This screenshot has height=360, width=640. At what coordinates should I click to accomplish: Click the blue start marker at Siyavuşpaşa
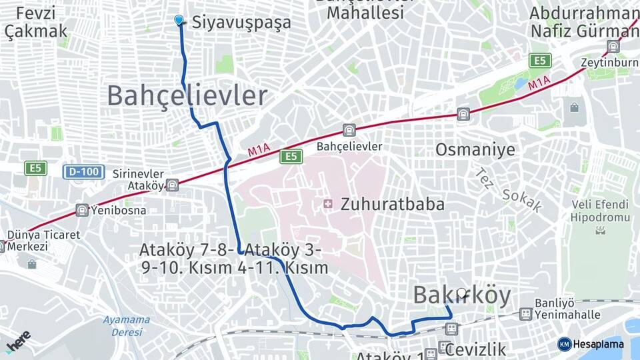click(x=179, y=21)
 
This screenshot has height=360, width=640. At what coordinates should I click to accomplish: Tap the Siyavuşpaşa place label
click(x=241, y=22)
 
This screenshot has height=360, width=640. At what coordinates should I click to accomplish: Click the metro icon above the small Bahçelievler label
click(x=349, y=130)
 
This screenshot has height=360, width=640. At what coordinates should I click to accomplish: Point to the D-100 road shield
click(x=85, y=172)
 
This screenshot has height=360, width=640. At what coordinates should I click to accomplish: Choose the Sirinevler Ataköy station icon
click(x=173, y=185)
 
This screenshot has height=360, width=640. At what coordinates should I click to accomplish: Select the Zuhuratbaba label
click(x=392, y=204)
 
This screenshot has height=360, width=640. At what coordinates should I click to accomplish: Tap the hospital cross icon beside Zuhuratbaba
click(x=328, y=203)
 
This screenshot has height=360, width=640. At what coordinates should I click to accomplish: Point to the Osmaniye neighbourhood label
click(x=475, y=149)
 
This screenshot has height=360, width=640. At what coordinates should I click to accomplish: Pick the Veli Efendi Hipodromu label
click(x=600, y=211)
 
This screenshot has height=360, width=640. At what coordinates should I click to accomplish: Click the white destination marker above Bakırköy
click(x=462, y=292)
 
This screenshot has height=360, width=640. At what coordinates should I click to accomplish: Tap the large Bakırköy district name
click(x=462, y=295)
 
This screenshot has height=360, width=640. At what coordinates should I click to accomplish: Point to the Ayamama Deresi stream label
click(x=126, y=325)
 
